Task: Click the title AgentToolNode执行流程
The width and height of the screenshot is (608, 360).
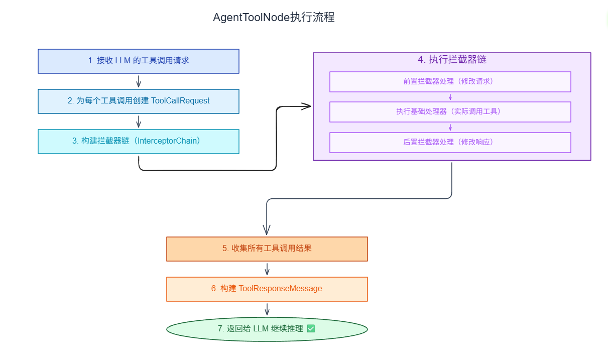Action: click(274, 18)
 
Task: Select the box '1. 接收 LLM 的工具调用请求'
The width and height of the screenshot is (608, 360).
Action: click(139, 61)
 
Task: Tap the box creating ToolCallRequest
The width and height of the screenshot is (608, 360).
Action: click(139, 101)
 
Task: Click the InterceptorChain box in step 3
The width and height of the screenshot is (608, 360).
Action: click(139, 141)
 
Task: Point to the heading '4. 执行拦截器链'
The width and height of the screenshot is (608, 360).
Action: click(452, 59)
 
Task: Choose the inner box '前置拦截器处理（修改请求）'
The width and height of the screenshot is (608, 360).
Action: click(450, 81)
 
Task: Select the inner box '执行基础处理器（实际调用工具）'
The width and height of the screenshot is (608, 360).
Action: click(450, 111)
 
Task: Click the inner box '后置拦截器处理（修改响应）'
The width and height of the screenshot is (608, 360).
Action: click(450, 142)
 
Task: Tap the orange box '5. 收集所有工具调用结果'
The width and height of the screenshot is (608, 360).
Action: click(267, 249)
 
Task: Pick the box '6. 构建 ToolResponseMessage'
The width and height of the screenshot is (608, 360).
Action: click(267, 289)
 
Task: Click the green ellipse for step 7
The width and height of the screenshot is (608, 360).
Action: click(267, 329)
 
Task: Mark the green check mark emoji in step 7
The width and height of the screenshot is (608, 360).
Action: click(311, 329)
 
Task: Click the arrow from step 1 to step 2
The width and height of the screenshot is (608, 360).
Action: click(139, 81)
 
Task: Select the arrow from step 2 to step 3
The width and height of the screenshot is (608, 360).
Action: click(139, 122)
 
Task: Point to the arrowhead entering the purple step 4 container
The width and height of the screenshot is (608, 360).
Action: click(306, 106)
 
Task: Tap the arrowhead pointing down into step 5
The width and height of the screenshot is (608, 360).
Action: click(267, 229)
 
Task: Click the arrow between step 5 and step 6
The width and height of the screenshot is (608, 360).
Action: click(267, 269)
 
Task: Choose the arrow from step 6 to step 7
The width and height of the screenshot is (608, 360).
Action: click(267, 309)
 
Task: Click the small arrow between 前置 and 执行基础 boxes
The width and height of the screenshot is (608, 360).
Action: click(450, 97)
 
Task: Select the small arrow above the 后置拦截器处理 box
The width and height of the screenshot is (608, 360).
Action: click(450, 127)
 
